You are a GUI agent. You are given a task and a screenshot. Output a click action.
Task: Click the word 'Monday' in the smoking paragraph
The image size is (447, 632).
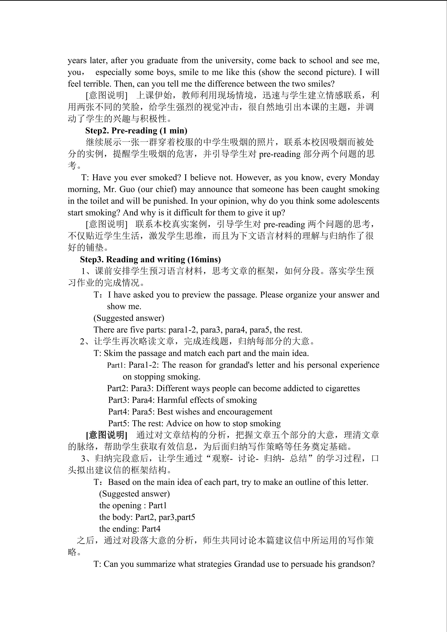pos(364,178)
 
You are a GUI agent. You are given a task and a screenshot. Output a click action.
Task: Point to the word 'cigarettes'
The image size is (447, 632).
pos(342,388)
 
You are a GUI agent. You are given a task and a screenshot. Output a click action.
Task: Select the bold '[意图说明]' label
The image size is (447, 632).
pos(106,435)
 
